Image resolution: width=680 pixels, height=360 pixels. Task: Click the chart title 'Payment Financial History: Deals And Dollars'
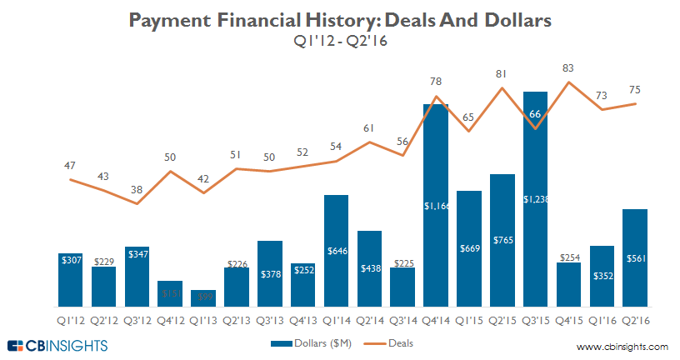coord(339,19)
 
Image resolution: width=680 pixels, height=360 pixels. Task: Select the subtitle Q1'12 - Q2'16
coord(339,39)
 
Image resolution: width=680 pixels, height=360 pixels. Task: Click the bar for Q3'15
coord(536,199)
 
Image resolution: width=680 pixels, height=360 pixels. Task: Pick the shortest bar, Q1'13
coord(203,298)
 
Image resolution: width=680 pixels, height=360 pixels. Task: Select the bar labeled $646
coord(336,251)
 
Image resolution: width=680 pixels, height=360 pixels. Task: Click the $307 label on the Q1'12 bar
coord(71,260)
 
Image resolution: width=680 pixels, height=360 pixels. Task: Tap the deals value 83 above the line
coord(568,68)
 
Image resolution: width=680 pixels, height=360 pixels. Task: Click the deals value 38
coord(136,189)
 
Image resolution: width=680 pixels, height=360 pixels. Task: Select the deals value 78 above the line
coord(436,82)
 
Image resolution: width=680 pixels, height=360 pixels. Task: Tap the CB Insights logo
coord(57,345)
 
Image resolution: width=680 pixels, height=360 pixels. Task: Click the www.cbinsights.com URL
coord(622,346)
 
